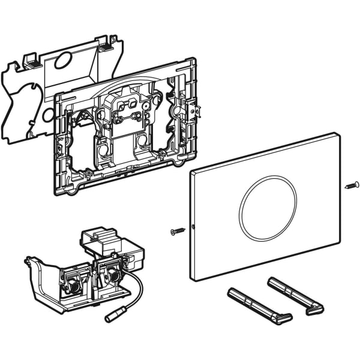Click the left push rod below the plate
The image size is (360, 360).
[258, 304]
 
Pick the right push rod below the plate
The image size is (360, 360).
[294, 293]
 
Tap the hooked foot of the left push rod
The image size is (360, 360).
[283, 318]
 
